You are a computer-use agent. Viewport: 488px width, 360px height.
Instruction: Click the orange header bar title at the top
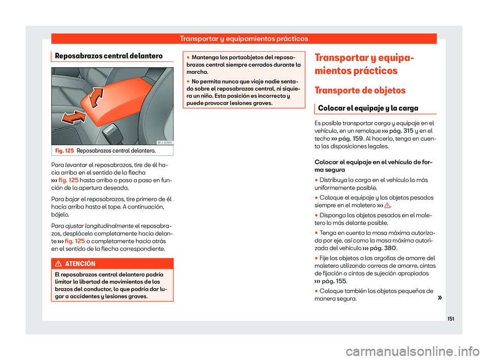[243, 39]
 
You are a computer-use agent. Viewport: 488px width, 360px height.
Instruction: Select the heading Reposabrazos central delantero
[109, 56]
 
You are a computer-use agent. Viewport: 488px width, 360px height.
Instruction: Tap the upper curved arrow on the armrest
[96, 98]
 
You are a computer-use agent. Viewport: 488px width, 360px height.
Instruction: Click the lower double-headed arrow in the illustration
[73, 117]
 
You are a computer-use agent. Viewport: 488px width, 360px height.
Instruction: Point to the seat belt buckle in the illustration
[111, 132]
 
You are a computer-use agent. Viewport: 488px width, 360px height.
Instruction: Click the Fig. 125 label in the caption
[65, 151]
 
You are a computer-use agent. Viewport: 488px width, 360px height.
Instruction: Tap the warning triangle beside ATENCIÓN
[58, 264]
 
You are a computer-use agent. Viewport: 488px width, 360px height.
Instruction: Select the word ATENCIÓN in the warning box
[80, 264]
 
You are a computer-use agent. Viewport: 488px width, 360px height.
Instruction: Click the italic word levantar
[76, 165]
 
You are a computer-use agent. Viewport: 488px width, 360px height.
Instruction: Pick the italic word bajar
[72, 199]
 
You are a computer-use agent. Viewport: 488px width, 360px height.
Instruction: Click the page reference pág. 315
[401, 131]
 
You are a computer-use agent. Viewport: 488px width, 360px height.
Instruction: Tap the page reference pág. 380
[383, 248]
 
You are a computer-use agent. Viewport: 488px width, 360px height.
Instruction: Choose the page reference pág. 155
[334, 281]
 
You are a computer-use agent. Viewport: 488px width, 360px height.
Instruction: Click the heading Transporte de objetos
[360, 91]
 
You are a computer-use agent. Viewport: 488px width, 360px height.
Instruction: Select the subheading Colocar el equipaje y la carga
[368, 108]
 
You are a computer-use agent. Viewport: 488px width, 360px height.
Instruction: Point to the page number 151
[450, 319]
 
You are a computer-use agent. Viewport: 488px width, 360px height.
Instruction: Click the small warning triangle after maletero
[387, 205]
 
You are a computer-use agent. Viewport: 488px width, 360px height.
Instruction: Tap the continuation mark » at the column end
[439, 298]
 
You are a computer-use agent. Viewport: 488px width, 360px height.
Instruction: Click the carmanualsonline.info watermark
[412, 351]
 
